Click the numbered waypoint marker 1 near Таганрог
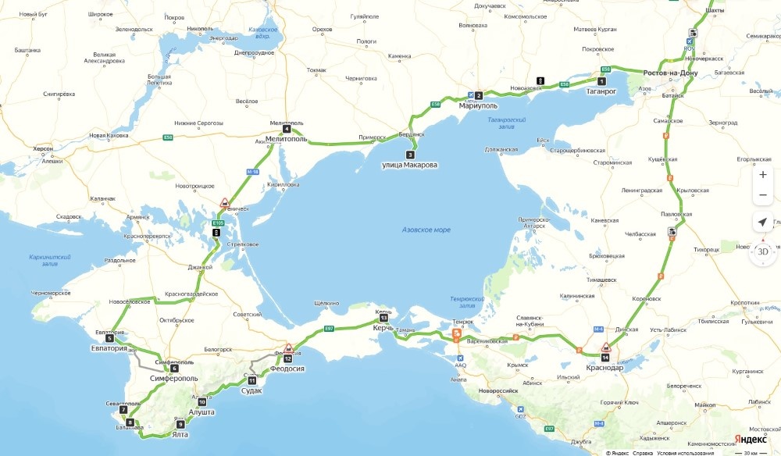pos(601,81)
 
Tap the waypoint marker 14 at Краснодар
pos(605,357)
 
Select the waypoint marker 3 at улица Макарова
pos(410,155)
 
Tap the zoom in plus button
pos(762,174)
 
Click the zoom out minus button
pos(762,194)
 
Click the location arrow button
pos(762,223)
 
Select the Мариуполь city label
pos(478,105)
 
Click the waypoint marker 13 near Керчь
pos(383,318)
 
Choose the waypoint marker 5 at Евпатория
pos(109,338)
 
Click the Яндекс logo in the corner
pos(753,440)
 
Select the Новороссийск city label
pos(500,390)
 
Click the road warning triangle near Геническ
pos(224,203)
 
